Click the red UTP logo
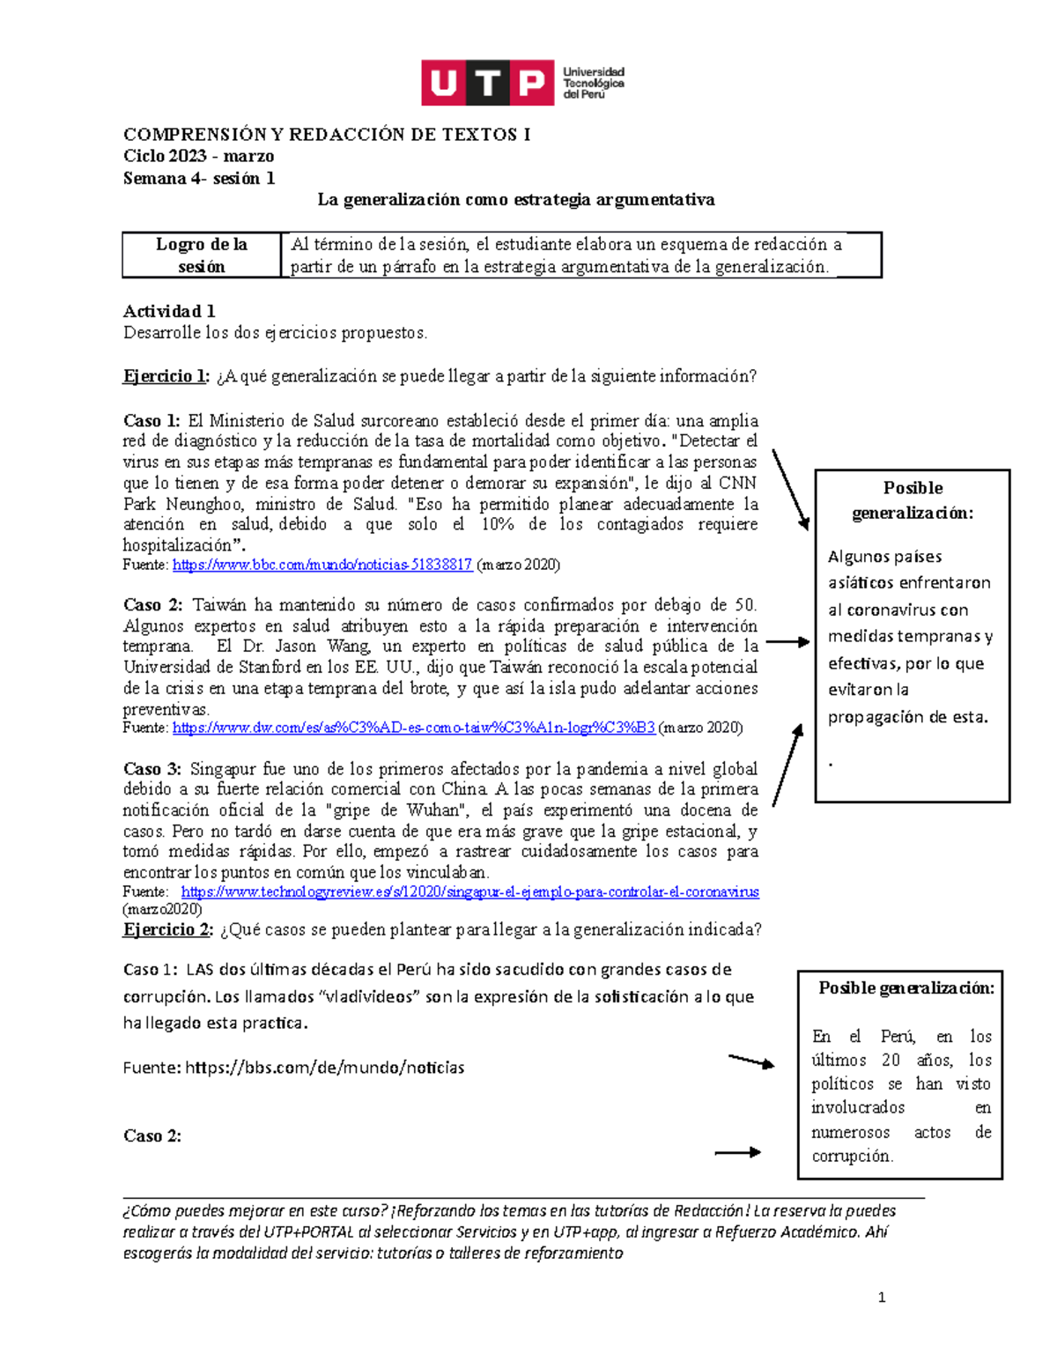click(x=487, y=83)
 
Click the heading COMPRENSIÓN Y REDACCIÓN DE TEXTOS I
click(x=326, y=135)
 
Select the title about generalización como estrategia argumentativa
click(x=515, y=200)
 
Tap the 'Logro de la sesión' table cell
click(x=201, y=255)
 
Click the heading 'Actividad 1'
click(x=169, y=311)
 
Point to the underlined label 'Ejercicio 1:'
click(x=166, y=377)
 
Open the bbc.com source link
click(x=322, y=565)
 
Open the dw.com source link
click(x=413, y=728)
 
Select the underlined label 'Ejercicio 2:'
click(x=167, y=930)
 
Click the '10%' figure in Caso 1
click(x=497, y=525)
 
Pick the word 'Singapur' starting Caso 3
click(x=220, y=769)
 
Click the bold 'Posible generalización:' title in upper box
click(x=913, y=500)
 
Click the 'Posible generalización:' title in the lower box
click(x=905, y=988)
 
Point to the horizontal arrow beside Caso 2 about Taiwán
click(x=787, y=643)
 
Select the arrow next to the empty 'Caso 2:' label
click(x=737, y=1152)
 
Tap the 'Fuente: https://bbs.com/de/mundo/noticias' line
click(x=293, y=1068)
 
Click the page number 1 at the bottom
click(x=881, y=1298)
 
